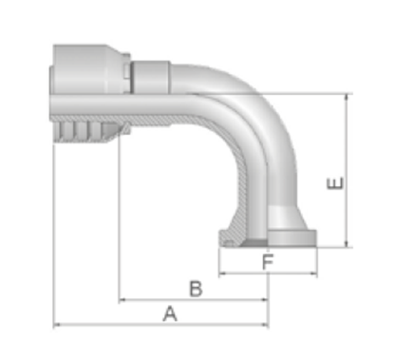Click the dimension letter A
[170, 313]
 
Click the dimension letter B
[196, 289]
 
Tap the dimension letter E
[335, 183]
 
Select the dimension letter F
[268, 261]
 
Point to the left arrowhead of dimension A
[57, 325]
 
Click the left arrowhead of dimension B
[122, 299]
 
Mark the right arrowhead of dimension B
[265, 299]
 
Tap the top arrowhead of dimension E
[347, 98]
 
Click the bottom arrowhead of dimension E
[347, 243]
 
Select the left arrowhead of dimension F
[222, 274]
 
